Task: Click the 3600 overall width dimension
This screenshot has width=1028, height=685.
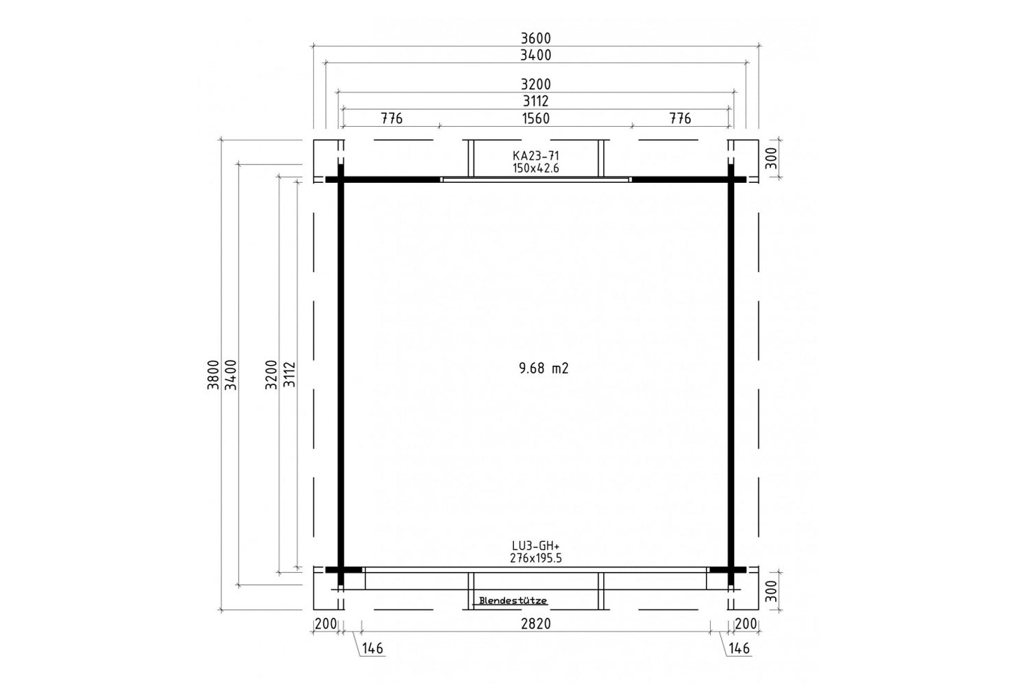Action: [535, 38]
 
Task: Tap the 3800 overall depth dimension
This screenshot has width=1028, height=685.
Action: [212, 375]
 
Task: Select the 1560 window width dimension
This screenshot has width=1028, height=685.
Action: [535, 119]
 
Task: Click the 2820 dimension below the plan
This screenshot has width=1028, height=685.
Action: [535, 623]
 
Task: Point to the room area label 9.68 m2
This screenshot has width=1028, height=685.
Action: [543, 369]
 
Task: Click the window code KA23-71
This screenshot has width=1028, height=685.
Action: [535, 156]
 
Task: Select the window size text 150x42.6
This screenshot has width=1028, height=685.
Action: [535, 169]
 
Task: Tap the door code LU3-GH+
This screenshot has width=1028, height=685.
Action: [535, 546]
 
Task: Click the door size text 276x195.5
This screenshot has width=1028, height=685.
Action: [535, 558]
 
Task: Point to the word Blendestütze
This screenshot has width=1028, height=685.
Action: [513, 601]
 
